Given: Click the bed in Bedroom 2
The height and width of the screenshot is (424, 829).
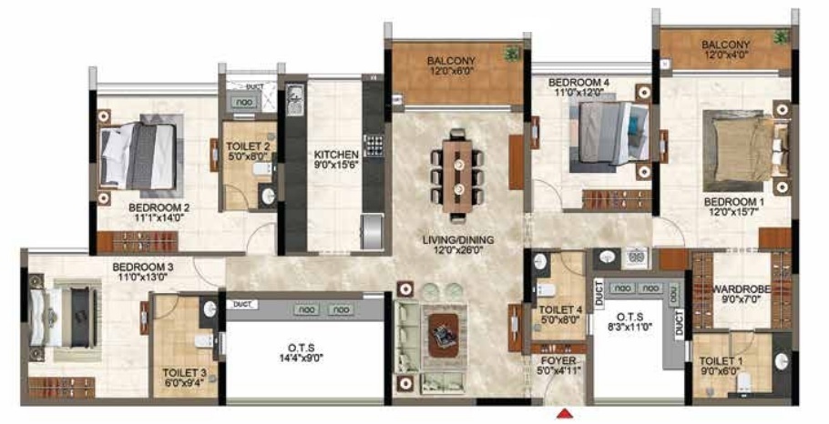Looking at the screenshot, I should pyautogui.click(x=138, y=156).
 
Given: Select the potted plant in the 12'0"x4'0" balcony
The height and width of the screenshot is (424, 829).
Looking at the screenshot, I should pyautogui.click(x=780, y=37).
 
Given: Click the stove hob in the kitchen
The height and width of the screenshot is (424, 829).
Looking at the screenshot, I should pyautogui.click(x=374, y=146).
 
